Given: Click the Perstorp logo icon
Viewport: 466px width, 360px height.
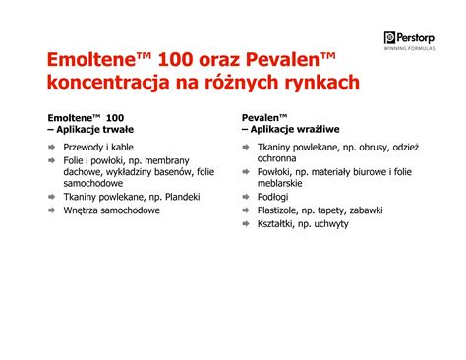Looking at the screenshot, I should (x=390, y=37).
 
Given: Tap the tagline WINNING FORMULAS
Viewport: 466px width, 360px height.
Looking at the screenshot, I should (x=417, y=51).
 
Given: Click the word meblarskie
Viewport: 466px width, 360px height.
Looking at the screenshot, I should (x=286, y=184).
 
